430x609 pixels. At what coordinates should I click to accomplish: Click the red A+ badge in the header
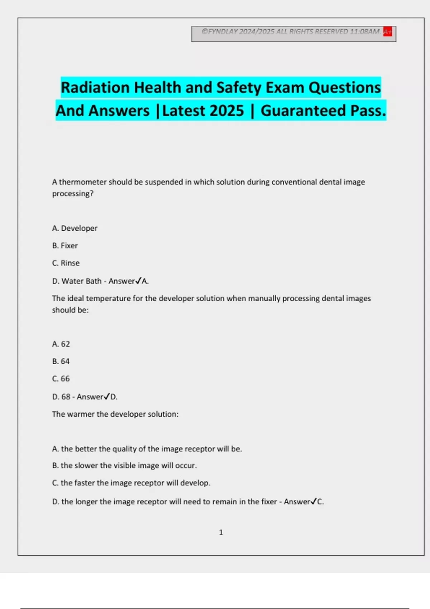pyautogui.click(x=387, y=32)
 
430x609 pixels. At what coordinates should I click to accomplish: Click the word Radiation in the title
pyautogui.click(x=95, y=88)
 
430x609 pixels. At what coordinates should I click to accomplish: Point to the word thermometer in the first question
pyautogui.click(x=83, y=182)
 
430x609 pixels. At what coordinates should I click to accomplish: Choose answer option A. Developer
pyautogui.click(x=75, y=228)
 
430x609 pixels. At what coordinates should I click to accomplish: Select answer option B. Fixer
pyautogui.click(x=65, y=246)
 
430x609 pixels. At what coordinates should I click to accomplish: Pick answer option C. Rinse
pyautogui.click(x=66, y=263)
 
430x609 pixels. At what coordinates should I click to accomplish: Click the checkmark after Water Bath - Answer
pyautogui.click(x=138, y=281)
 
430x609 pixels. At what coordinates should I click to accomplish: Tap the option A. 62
pyautogui.click(x=61, y=344)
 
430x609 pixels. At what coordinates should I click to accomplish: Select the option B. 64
pyautogui.click(x=61, y=361)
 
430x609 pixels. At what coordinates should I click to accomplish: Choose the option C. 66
pyautogui.click(x=61, y=379)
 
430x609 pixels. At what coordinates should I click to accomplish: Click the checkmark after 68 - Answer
pyautogui.click(x=107, y=397)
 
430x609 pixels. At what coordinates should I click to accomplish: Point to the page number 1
pyautogui.click(x=221, y=532)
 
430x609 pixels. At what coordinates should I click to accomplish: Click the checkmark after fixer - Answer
pyautogui.click(x=314, y=502)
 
